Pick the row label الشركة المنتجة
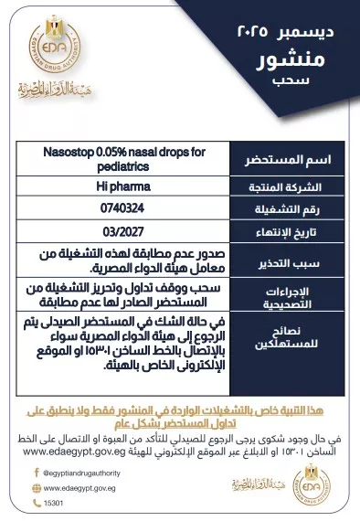(296, 186)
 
